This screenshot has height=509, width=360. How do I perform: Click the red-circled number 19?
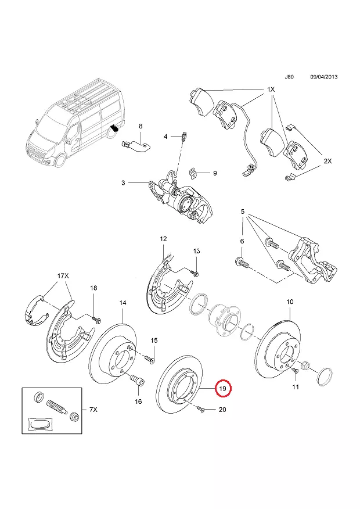(224, 388)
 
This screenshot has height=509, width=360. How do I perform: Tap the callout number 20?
(222, 410)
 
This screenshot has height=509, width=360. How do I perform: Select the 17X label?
(63, 276)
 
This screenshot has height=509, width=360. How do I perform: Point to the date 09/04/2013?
(323, 77)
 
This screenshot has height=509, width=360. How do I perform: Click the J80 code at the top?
(289, 77)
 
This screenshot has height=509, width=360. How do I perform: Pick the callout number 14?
(123, 303)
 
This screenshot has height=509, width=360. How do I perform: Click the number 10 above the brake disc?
(290, 302)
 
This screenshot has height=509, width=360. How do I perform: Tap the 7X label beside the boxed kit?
(93, 410)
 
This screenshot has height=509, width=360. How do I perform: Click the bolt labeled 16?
(137, 380)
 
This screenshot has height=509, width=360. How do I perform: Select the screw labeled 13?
(196, 273)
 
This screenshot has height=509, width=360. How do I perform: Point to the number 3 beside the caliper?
(123, 183)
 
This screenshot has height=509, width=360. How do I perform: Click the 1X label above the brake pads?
(271, 89)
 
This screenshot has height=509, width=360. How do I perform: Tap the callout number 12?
(163, 239)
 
